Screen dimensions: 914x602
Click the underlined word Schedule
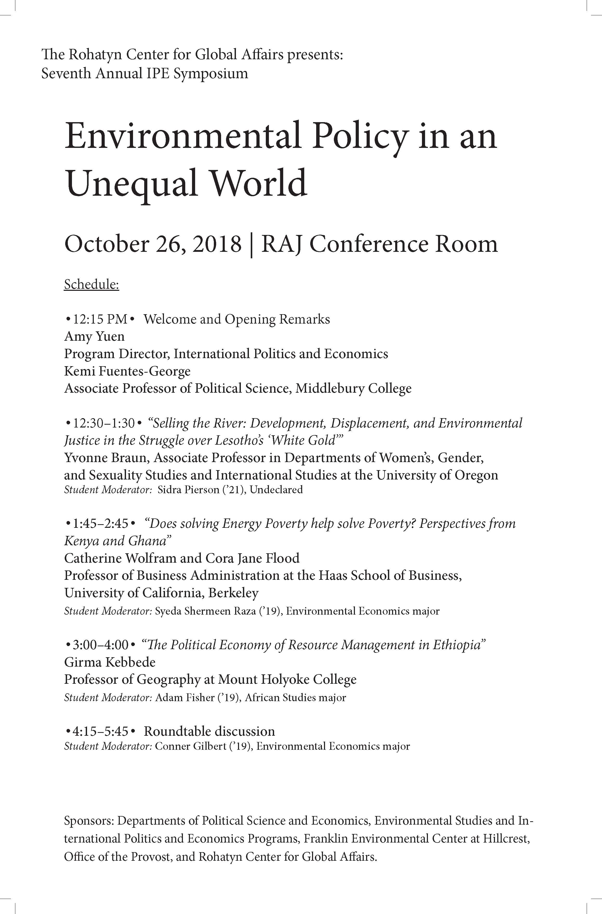click(91, 285)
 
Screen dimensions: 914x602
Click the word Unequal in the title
click(133, 183)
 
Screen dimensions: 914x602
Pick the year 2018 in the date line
click(217, 244)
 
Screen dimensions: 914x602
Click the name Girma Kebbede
click(110, 662)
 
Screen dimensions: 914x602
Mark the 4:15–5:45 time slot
click(101, 731)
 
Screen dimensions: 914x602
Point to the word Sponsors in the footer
click(88, 821)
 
